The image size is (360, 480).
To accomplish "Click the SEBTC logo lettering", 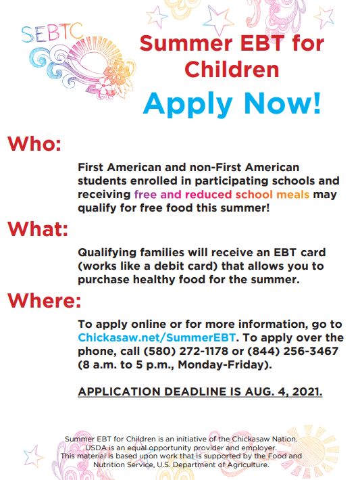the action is pyautogui.click(x=52, y=32).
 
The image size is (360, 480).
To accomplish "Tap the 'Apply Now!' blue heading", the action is pyautogui.click(x=232, y=104).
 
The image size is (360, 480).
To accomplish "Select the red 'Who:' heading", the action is pyautogui.click(x=34, y=143).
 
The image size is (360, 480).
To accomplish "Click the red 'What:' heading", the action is pyautogui.click(x=38, y=229).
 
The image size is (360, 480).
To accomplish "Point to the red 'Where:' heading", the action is pyautogui.click(x=45, y=300).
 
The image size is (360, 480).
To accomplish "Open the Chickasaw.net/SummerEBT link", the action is pyautogui.click(x=157, y=337).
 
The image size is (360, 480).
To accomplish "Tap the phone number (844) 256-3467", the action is pyautogui.click(x=292, y=351).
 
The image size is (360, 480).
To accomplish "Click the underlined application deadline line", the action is pyautogui.click(x=200, y=391).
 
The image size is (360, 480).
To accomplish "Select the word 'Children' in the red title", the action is pyautogui.click(x=232, y=70).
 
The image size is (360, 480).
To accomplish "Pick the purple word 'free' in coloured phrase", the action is pyautogui.click(x=145, y=195).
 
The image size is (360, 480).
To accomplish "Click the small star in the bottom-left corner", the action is pyautogui.click(x=32, y=456).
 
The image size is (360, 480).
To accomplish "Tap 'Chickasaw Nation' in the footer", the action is pyautogui.click(x=264, y=439).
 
